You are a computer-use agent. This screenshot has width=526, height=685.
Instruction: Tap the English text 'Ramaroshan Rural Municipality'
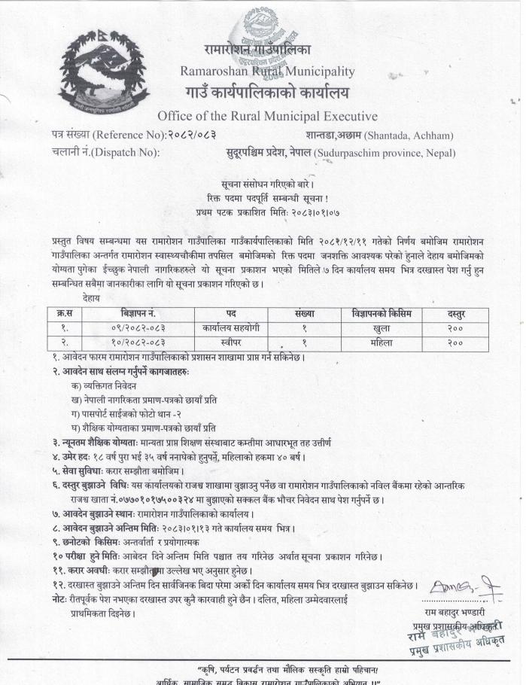coord(267,72)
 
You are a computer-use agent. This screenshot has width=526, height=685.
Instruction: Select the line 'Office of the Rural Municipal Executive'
coord(267,116)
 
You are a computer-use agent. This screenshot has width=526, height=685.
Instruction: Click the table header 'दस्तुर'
coord(455,312)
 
